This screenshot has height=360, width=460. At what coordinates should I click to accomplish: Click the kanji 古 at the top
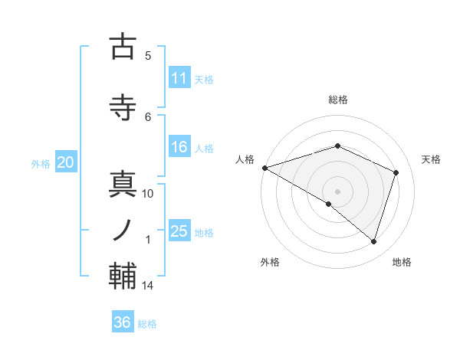123,47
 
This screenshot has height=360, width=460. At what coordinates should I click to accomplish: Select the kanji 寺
123,108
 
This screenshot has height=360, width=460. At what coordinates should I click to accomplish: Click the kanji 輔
123,277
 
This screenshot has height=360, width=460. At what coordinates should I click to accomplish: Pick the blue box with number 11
179,77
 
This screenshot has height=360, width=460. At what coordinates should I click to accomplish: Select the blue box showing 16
179,147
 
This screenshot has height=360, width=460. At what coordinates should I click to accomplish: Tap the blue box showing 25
179,231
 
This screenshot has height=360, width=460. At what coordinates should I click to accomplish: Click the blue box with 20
66,162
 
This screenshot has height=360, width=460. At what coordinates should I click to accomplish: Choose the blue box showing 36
123,322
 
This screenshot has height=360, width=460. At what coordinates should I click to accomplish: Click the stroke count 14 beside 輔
148,286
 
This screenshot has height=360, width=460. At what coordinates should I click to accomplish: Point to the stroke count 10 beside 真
148,194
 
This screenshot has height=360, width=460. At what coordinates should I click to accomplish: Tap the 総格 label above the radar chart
338,100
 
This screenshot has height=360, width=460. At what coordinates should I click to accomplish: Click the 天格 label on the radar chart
431,159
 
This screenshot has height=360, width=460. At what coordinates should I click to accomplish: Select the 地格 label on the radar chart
402,262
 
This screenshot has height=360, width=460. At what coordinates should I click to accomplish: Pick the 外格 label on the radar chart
270,262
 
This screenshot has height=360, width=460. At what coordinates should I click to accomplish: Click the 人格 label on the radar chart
245,159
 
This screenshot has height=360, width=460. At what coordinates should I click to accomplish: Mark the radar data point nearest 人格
264,168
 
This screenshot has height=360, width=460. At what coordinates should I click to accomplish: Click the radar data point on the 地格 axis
374,242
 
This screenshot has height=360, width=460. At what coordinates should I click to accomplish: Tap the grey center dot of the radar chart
337,191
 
